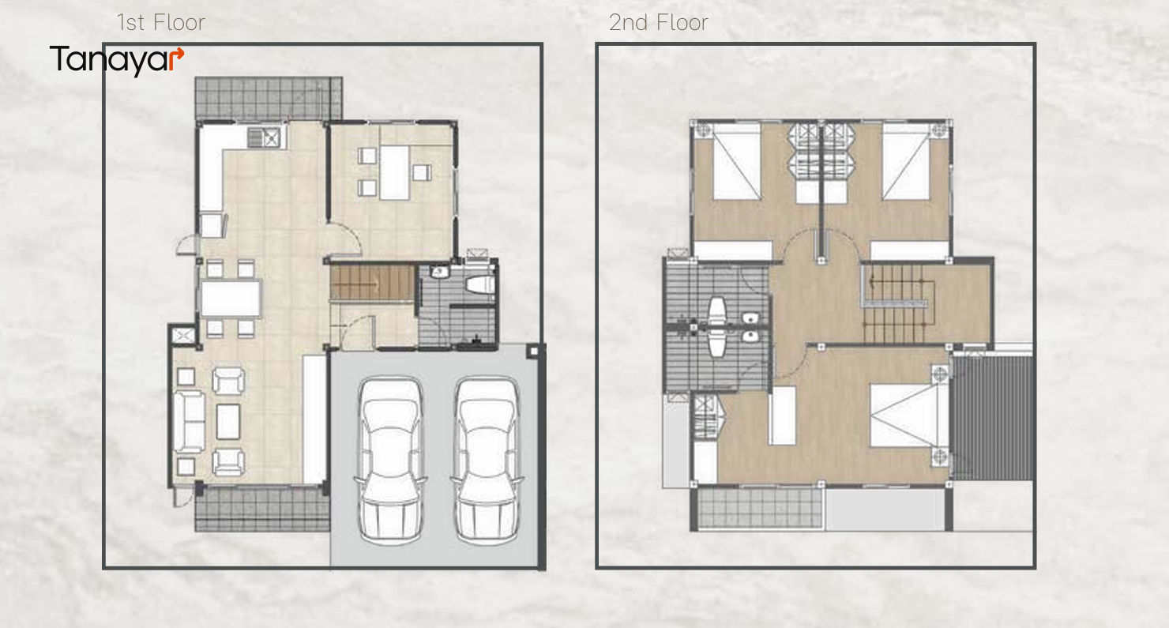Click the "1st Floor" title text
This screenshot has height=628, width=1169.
(x=161, y=22)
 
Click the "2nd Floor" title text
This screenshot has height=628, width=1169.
(x=658, y=22)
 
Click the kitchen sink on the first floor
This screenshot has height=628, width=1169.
(x=265, y=137)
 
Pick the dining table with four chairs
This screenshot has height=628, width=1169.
(x=231, y=299)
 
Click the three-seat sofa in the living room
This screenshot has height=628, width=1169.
(x=189, y=421)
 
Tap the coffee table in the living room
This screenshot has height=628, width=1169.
(x=228, y=421)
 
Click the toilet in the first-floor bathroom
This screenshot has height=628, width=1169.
(x=479, y=284)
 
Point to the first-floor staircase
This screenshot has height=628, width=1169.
(x=372, y=283)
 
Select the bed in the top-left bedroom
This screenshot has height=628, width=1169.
(x=737, y=163)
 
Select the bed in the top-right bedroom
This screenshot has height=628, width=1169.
(x=906, y=163)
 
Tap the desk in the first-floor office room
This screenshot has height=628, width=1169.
(x=395, y=172)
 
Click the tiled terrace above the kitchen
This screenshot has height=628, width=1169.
(x=269, y=98)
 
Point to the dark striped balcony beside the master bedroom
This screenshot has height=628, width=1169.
(x=991, y=418)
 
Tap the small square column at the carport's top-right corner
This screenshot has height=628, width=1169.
(x=533, y=352)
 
